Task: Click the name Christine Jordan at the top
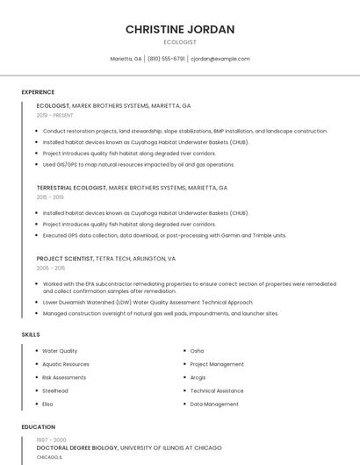click(180, 29)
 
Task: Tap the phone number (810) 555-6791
click(166, 59)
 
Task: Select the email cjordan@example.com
click(220, 59)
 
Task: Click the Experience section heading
click(38, 92)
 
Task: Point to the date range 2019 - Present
click(54, 115)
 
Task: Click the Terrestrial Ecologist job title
click(70, 188)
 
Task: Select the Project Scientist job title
click(64, 259)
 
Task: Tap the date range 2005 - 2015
click(50, 268)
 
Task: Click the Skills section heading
click(31, 334)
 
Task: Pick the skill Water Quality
click(60, 351)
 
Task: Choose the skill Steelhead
click(55, 390)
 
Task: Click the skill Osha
click(197, 351)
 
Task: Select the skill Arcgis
click(198, 377)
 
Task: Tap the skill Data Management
click(214, 404)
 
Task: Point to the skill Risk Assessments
click(64, 377)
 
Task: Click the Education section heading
click(38, 427)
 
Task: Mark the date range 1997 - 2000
click(51, 439)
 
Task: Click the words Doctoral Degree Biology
click(77, 447)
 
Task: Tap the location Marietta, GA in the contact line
click(126, 59)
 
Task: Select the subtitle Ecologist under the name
click(180, 42)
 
